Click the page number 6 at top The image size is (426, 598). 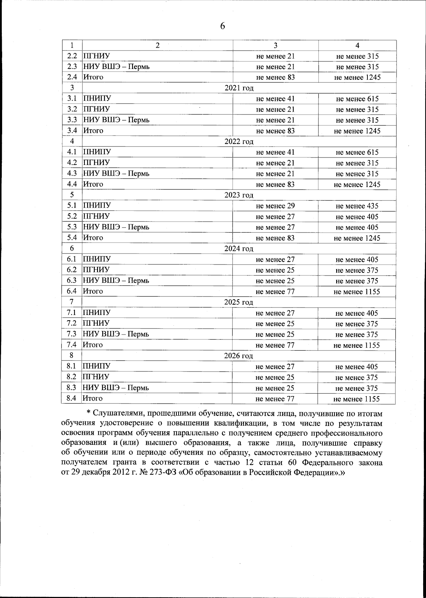(x=222, y=26)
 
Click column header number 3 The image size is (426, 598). (x=275, y=46)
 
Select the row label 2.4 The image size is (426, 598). (x=72, y=77)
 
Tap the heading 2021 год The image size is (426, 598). (x=239, y=88)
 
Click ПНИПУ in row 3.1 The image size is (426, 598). (x=97, y=98)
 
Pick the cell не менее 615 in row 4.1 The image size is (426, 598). (x=357, y=153)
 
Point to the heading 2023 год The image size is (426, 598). (x=239, y=195)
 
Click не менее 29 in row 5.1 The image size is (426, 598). (x=275, y=206)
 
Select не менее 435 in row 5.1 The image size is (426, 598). (x=357, y=206)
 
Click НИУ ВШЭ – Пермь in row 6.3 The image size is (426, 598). (x=116, y=281)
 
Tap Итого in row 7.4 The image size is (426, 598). (x=93, y=345)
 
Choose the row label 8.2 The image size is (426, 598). (x=72, y=377)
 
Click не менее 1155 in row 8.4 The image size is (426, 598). (x=356, y=399)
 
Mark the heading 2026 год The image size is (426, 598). (x=239, y=356)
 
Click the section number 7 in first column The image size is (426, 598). (x=72, y=302)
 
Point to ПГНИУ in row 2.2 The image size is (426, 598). (x=96, y=56)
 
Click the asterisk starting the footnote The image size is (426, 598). (x=89, y=414)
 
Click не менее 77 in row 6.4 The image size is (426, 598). (x=275, y=292)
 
